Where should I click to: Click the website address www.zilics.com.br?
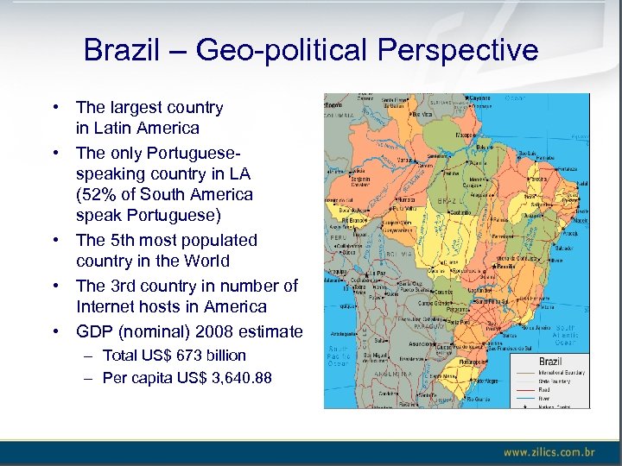[x=549, y=451]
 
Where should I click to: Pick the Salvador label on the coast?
[x=567, y=249]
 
